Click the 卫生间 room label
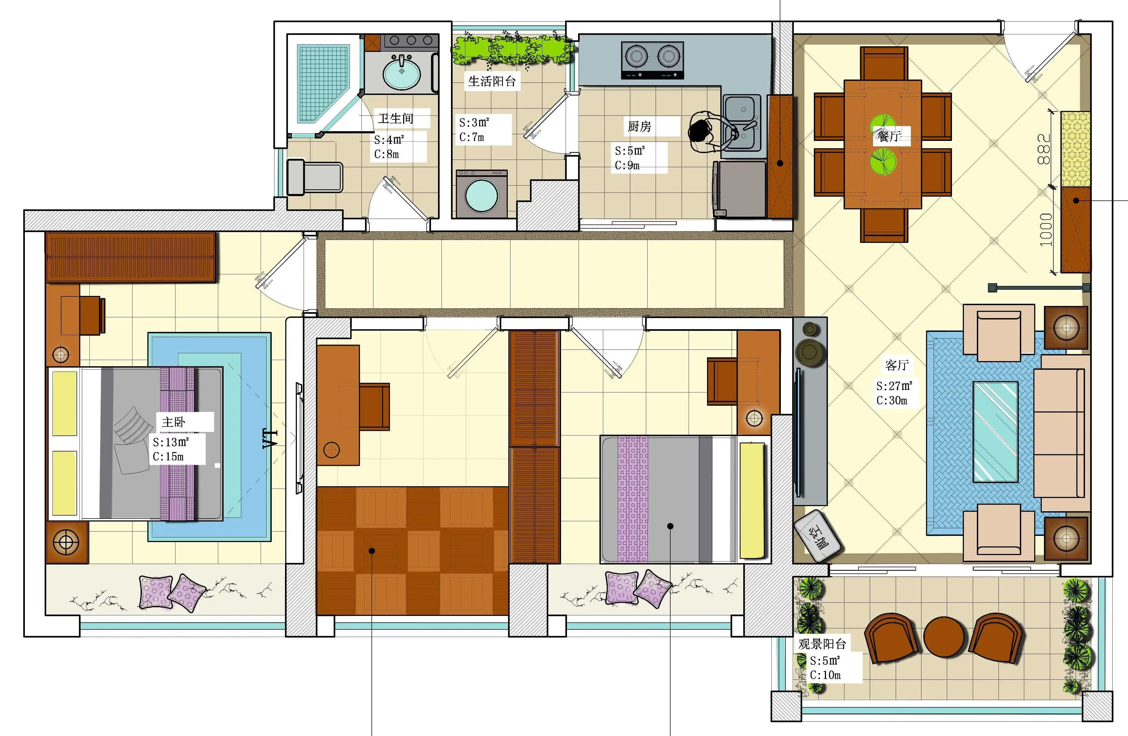396,118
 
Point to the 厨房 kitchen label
639,127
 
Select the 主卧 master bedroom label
174,422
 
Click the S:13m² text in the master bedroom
171,442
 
